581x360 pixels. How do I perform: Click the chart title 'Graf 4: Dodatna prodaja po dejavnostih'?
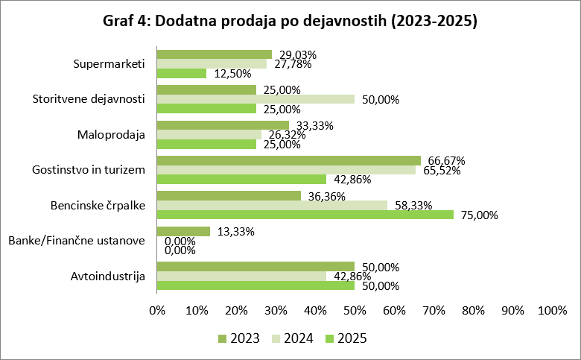click(x=290, y=21)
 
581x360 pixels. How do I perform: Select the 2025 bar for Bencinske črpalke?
click(x=305, y=215)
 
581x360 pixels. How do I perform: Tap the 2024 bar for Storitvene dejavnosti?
click(x=255, y=99)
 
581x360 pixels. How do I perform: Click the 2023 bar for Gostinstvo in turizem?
click(x=288, y=160)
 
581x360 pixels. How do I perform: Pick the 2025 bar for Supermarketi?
click(x=181, y=73)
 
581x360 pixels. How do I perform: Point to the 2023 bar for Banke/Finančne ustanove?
click(x=183, y=231)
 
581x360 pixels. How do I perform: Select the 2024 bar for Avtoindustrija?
click(x=241, y=276)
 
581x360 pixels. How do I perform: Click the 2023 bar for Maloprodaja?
click(x=223, y=125)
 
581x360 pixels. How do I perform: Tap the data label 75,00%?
click(x=477, y=215)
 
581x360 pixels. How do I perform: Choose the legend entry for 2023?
click(x=238, y=339)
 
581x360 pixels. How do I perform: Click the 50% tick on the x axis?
click(x=355, y=310)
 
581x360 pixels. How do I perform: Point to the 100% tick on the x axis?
click(x=551, y=310)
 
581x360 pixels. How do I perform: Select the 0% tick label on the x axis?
click(x=157, y=310)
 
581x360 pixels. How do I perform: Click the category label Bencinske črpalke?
click(x=98, y=205)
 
